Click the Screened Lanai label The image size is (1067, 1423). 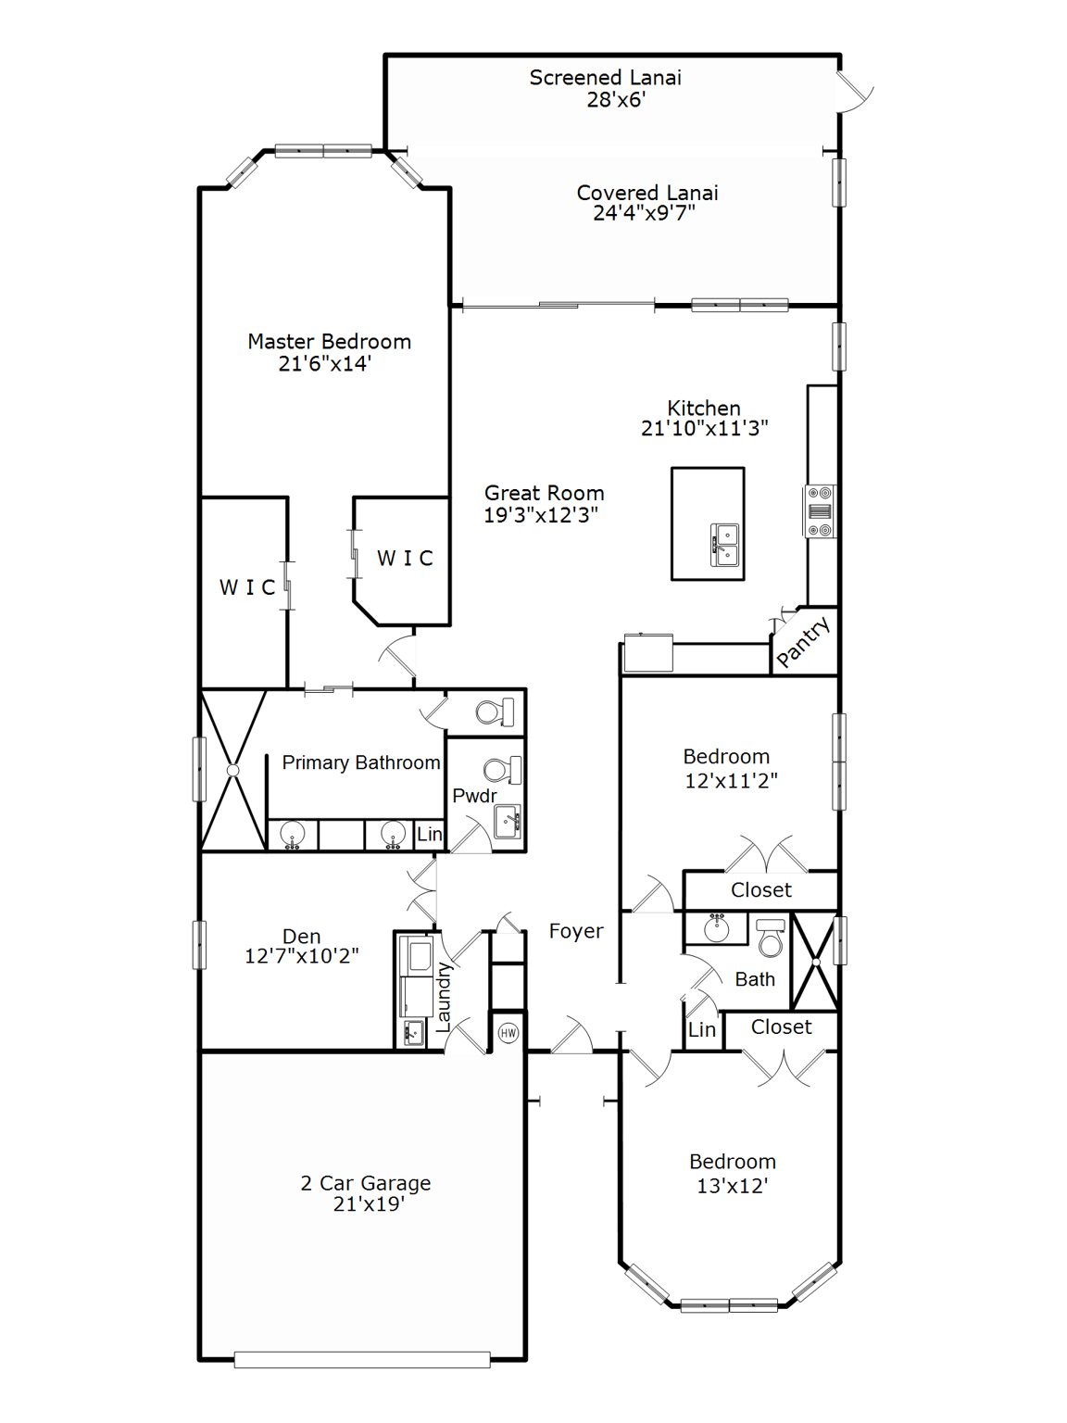605,78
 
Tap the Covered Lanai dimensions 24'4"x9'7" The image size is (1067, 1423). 644,213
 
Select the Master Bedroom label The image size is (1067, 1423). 329,342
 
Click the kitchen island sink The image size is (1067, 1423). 724,545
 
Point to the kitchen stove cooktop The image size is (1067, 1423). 820,511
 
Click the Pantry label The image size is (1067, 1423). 803,642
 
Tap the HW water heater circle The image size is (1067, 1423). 508,1033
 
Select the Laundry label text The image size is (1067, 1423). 443,997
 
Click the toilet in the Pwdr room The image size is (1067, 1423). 501,770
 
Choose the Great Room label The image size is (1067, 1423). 544,493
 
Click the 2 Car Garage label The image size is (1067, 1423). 366,1183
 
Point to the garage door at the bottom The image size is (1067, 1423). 362,1359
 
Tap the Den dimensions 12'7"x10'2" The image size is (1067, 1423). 301,956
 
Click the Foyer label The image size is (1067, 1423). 575,931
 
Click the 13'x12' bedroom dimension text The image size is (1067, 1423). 732,1186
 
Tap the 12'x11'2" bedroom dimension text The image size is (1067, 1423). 731,781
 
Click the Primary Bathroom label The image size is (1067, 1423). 360,762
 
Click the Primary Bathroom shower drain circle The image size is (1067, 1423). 233,770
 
